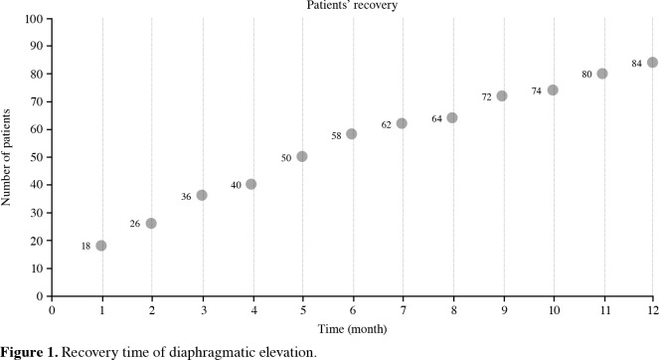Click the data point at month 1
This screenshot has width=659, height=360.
[100, 246]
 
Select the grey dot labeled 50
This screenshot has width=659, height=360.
[302, 156]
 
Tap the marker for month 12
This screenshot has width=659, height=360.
[652, 63]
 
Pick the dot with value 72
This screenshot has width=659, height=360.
[501, 95]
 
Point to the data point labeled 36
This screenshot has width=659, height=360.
[202, 195]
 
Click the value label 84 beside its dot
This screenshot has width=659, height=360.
[636, 64]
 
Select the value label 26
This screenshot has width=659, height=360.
[134, 224]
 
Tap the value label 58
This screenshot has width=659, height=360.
[336, 136]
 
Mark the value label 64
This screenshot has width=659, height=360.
[436, 119]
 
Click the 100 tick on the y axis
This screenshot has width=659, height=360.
[34, 19]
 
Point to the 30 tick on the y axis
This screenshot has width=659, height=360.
[37, 213]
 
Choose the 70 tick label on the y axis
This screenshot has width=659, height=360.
[37, 101]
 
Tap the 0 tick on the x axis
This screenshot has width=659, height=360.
[52, 310]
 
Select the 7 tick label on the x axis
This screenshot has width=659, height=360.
[403, 310]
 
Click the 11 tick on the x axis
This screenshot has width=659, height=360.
[604, 310]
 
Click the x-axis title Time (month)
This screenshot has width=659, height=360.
[352, 329]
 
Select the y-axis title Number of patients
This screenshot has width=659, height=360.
[6, 157]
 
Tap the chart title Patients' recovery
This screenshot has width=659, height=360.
[352, 5]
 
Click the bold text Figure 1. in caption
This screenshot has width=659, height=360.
[29, 352]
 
